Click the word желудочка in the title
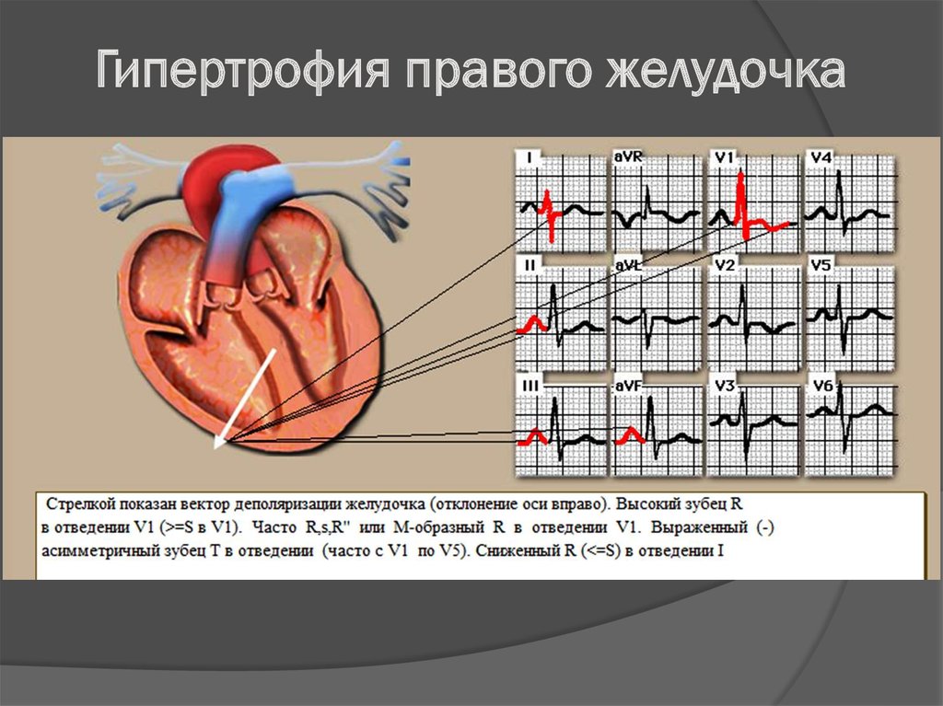pyautogui.click(x=726, y=70)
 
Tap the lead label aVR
pyautogui.click(x=628, y=157)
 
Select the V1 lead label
pyautogui.click(x=724, y=157)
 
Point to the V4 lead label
pyautogui.click(x=821, y=157)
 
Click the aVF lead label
pyautogui.click(x=628, y=386)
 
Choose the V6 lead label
pyautogui.click(x=821, y=386)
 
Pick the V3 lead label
pyautogui.click(x=725, y=386)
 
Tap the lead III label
pyautogui.click(x=530, y=386)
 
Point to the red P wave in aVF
pyautogui.click(x=630, y=435)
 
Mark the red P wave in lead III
pyautogui.click(x=533, y=436)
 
